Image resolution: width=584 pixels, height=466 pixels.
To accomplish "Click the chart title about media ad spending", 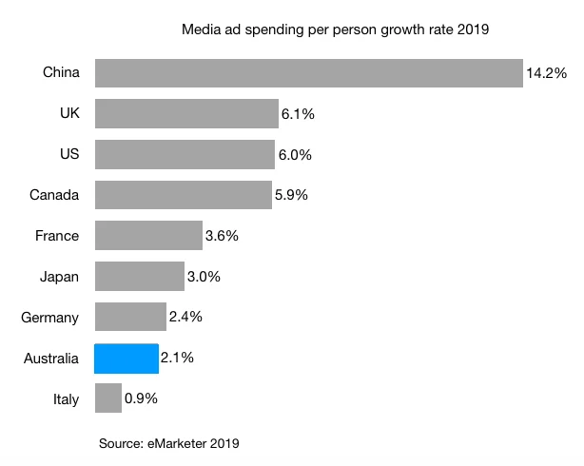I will click(335, 30).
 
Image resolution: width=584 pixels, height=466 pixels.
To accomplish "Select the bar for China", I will click(308, 73).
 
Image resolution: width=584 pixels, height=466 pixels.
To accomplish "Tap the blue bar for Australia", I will click(126, 359).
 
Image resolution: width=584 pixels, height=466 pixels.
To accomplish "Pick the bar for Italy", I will click(108, 398).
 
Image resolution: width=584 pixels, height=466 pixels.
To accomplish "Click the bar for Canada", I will click(183, 195).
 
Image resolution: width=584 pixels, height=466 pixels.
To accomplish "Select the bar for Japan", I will click(139, 277).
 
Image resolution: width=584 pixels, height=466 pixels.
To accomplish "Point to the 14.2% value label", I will click(547, 73).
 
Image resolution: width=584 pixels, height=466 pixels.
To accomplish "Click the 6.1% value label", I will click(298, 114).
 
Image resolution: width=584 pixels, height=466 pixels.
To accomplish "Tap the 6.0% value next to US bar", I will click(294, 155).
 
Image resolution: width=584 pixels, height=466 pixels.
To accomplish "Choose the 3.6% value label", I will click(223, 236).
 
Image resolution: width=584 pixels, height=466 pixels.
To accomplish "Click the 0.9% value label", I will click(141, 398).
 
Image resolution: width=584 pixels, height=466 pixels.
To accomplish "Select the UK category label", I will click(69, 114).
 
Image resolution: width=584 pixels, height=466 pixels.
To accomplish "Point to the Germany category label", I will click(50, 318).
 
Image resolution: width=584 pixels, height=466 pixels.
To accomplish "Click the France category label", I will click(58, 236).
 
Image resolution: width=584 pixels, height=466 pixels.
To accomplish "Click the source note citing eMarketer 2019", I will click(169, 443).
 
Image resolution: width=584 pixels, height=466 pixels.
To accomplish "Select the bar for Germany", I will click(130, 318).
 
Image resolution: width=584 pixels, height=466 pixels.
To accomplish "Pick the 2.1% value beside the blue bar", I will click(177, 359).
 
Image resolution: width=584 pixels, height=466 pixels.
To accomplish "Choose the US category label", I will click(69, 155).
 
